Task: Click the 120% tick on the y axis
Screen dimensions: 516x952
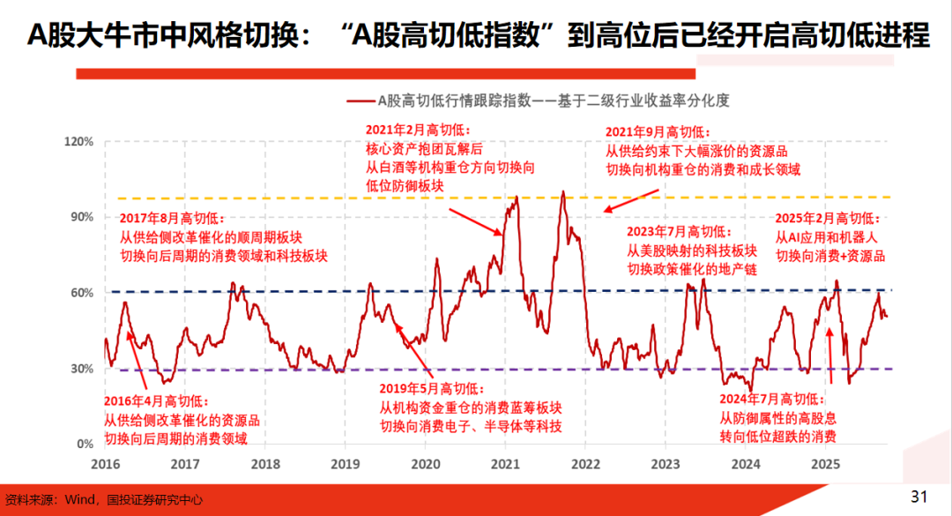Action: click(78, 141)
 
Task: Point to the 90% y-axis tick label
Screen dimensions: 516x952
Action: click(81, 217)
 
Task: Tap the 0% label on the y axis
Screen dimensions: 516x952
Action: click(85, 444)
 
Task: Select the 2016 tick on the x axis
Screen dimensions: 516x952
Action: click(105, 463)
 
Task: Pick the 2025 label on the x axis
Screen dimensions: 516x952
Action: click(825, 463)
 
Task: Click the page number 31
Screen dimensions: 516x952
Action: click(919, 497)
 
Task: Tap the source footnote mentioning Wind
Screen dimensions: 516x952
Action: click(104, 499)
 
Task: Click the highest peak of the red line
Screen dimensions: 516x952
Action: click(562, 191)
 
